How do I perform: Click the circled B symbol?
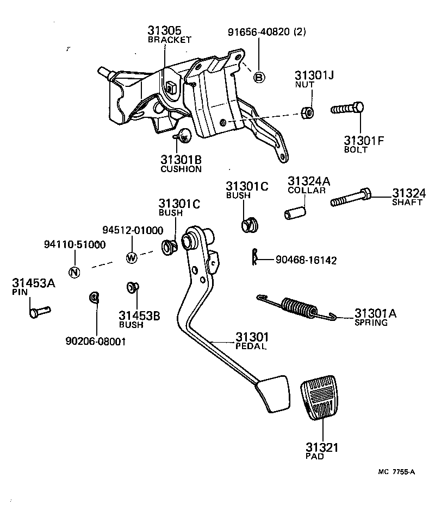(x=259, y=78)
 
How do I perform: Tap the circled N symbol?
(x=75, y=272)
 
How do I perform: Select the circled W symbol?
(x=131, y=257)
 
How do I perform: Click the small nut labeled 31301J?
(x=307, y=112)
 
